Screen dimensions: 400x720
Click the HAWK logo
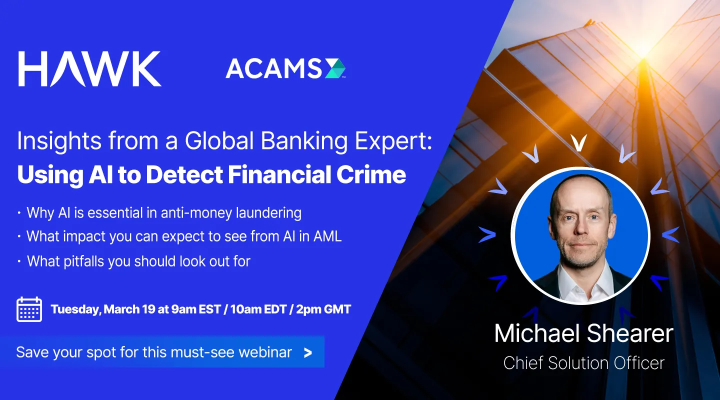point(90,68)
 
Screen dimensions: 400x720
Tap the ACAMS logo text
point(273,69)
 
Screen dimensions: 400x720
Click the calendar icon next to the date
point(29,309)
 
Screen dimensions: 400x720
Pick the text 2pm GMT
point(323,309)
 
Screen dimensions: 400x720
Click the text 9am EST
point(193,309)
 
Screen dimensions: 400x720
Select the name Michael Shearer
point(583,334)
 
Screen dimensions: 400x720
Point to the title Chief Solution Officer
point(583,363)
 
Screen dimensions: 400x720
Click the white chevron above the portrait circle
point(578,144)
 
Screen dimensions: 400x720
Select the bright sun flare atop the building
point(650,47)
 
